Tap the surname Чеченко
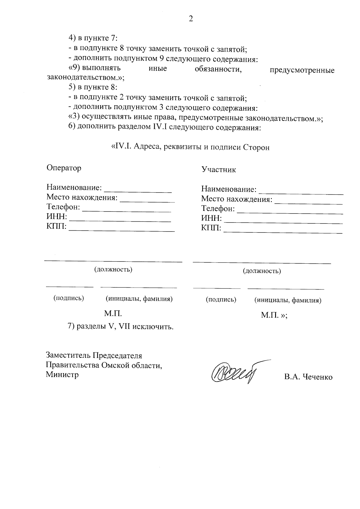coord(318,377)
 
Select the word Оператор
coord(64,168)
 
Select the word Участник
coord(219,170)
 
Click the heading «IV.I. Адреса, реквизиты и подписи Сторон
coord(190,147)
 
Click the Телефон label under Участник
coord(217,208)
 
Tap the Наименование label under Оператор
coord(74,188)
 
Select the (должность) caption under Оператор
coord(113,269)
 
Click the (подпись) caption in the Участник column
coord(221,300)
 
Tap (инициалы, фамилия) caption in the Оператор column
coord(139,299)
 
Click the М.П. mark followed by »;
coord(274,315)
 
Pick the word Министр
coord(62,375)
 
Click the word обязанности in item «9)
coord(218,69)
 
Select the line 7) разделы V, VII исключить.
coord(121,326)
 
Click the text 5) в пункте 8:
coord(93,87)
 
